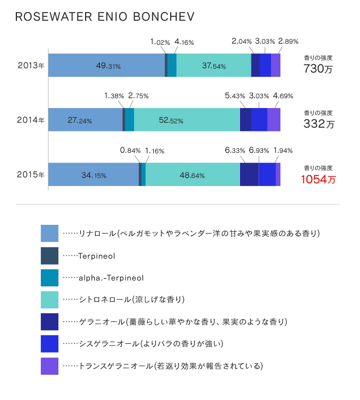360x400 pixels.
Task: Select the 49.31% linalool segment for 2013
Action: coord(107,65)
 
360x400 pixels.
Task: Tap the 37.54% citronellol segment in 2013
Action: coord(213,65)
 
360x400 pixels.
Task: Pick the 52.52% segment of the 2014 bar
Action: coord(187,120)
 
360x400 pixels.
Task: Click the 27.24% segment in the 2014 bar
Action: coord(86,120)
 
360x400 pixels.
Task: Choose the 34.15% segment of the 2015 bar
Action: coord(93,175)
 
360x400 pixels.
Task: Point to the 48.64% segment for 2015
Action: coord(193,175)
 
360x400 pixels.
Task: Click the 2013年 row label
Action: coord(31,65)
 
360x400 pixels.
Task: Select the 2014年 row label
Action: coord(31,120)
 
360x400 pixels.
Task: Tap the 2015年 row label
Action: coord(31,175)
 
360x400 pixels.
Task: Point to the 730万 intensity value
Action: coord(318,69)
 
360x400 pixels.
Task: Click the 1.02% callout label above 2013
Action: coord(160,41)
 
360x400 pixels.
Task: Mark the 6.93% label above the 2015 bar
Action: coord(259,151)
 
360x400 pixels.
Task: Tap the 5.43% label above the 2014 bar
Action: coord(235,96)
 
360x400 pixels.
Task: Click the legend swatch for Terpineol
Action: coord(50,255)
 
